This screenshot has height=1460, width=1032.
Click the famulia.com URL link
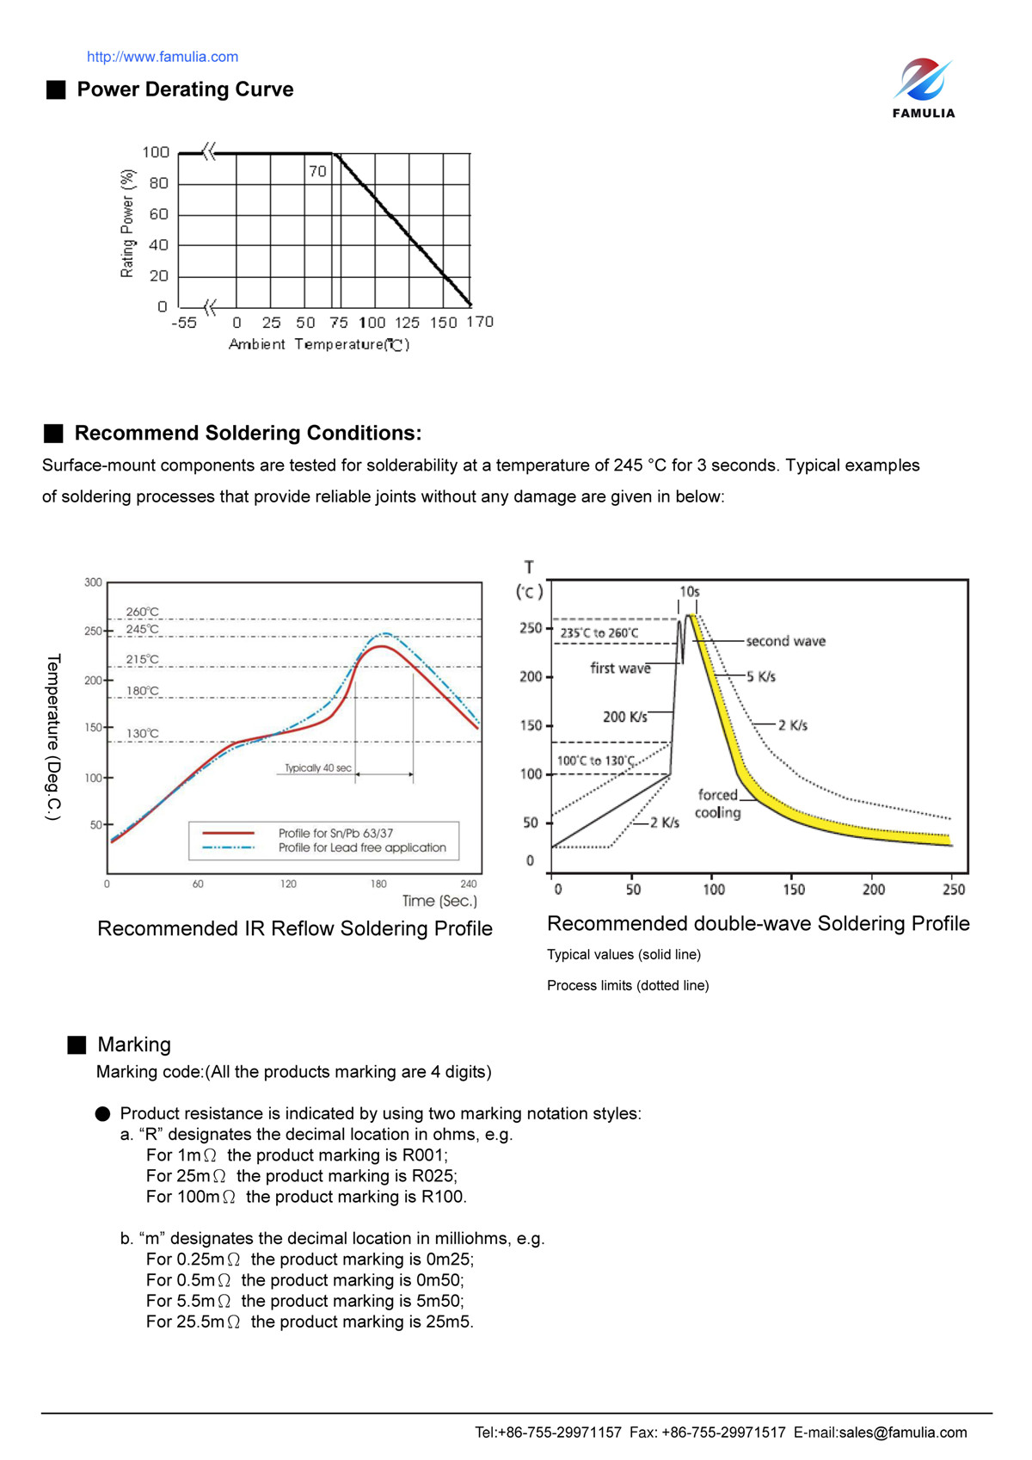click(162, 57)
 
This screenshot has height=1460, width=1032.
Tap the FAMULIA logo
click(923, 87)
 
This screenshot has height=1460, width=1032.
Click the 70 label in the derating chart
click(317, 171)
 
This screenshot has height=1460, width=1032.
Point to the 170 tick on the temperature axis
click(480, 322)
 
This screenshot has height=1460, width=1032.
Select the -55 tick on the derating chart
click(184, 323)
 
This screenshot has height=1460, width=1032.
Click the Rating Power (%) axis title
click(127, 224)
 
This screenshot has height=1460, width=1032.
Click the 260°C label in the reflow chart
click(142, 612)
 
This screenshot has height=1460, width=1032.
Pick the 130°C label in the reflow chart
click(143, 734)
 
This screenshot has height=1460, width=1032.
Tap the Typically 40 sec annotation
click(318, 767)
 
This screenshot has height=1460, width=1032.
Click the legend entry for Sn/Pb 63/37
click(335, 833)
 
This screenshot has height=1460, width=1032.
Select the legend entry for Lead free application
click(362, 847)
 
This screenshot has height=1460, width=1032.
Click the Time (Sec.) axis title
click(439, 901)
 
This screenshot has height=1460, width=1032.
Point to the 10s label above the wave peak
click(689, 592)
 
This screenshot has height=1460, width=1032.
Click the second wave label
click(785, 641)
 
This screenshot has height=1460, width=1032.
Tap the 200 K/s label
click(624, 717)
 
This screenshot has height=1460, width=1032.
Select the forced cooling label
click(717, 804)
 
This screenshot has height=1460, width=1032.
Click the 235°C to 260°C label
click(599, 633)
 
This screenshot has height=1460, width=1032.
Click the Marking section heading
click(134, 1044)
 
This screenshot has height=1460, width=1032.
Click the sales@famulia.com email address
click(902, 1432)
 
